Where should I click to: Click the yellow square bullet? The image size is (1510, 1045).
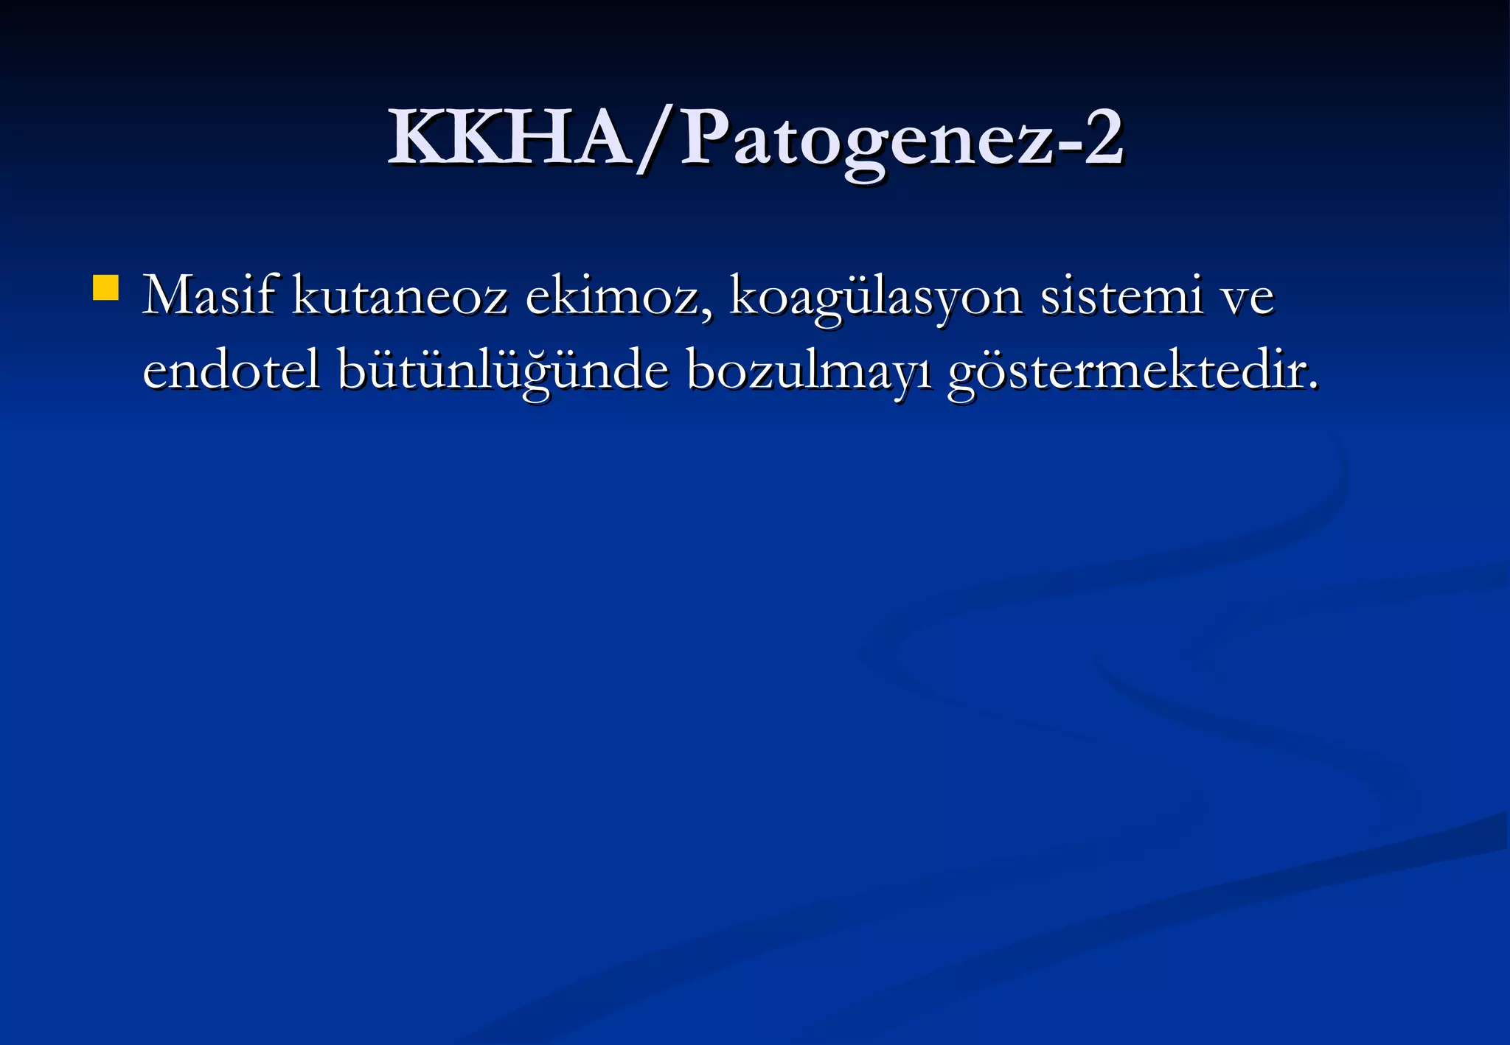click(x=106, y=288)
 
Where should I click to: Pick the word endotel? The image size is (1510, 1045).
click(x=232, y=370)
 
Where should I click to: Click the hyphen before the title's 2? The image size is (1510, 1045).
click(x=1065, y=147)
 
